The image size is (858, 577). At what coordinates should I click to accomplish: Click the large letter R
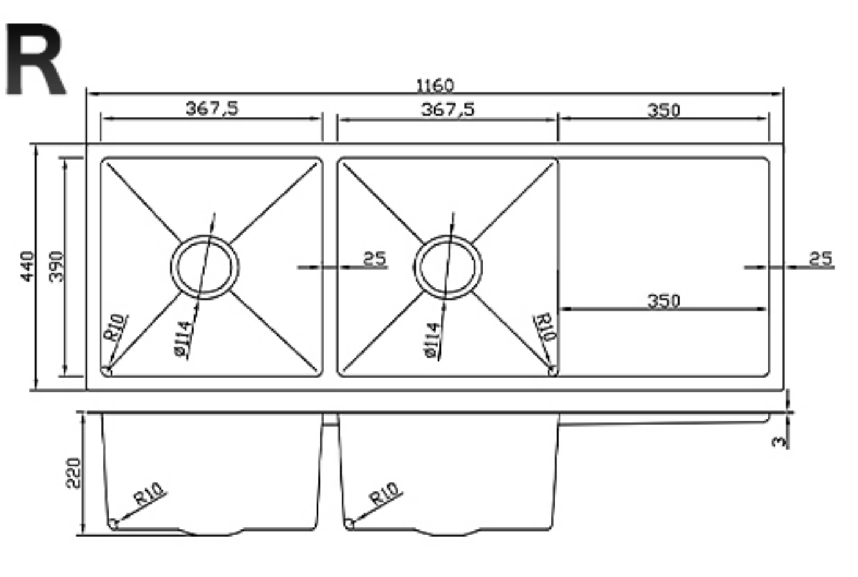[x=35, y=61]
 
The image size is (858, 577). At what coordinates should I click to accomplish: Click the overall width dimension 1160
[x=435, y=86]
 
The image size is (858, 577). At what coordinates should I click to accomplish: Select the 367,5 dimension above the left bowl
[x=212, y=109]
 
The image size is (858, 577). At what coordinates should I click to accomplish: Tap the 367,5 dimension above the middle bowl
[x=448, y=109]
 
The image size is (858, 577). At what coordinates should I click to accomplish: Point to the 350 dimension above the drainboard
[x=664, y=111]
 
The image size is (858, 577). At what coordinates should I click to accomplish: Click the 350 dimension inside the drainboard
[x=664, y=301]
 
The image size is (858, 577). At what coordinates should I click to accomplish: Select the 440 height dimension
[x=27, y=266]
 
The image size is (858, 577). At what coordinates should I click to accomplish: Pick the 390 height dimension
[x=56, y=266]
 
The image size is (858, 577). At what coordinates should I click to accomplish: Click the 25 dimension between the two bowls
[x=375, y=259]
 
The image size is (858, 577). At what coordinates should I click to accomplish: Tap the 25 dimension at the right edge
[x=821, y=259]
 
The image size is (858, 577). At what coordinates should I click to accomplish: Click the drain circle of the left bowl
[x=205, y=267]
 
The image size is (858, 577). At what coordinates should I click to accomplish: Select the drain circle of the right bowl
[x=448, y=267]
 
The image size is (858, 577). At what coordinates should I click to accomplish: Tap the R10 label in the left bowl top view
[x=116, y=328]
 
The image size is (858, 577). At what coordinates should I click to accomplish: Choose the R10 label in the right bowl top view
[x=545, y=328]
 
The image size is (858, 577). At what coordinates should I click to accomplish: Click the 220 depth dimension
[x=73, y=472]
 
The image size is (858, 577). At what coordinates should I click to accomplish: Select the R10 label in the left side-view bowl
[x=149, y=494]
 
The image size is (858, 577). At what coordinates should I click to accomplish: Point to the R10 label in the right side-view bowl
[x=385, y=494]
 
